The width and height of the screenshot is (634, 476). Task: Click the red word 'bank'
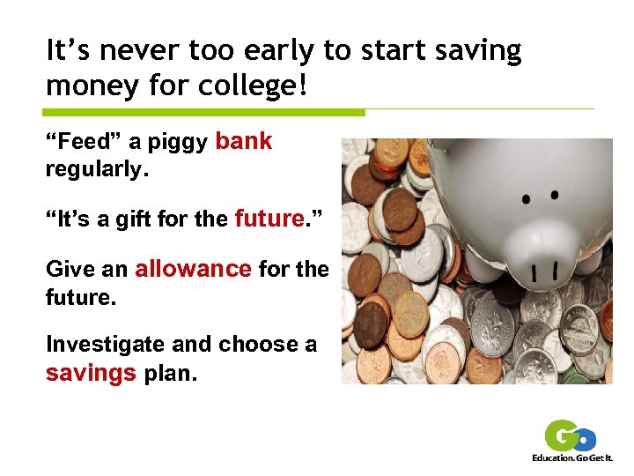click(x=244, y=141)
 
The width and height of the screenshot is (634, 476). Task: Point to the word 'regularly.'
click(x=97, y=168)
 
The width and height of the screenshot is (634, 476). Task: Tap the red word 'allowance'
click(x=193, y=268)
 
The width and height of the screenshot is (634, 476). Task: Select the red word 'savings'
click(x=91, y=373)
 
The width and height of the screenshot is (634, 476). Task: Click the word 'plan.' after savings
click(x=170, y=373)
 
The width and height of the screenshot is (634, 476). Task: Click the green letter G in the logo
click(x=560, y=435)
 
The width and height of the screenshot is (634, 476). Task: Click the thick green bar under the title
click(x=204, y=113)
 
